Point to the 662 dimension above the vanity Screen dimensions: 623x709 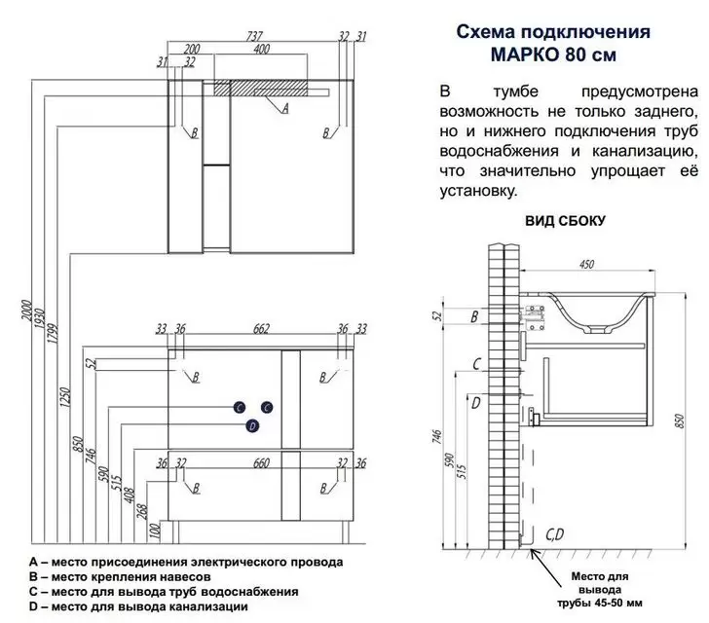click(261, 330)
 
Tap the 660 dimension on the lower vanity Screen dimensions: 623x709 click(261, 462)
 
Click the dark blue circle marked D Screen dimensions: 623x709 click(252, 425)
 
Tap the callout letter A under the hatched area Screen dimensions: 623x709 click(284, 110)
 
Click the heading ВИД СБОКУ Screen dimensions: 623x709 click(565, 220)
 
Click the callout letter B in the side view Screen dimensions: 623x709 click(474, 317)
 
